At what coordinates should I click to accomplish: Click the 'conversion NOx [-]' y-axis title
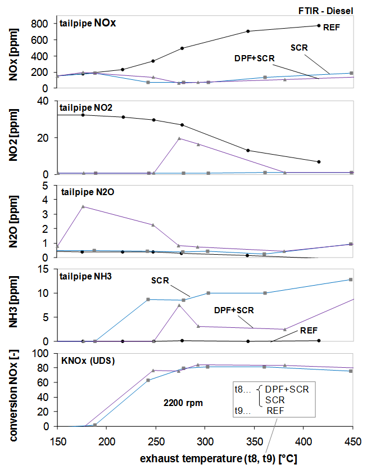10,389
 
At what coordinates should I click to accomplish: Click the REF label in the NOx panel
332,26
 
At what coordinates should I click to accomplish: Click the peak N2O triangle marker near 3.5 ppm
83,206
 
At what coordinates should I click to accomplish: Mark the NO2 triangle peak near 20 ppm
179,138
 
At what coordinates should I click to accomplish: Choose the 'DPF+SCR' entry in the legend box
287,389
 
